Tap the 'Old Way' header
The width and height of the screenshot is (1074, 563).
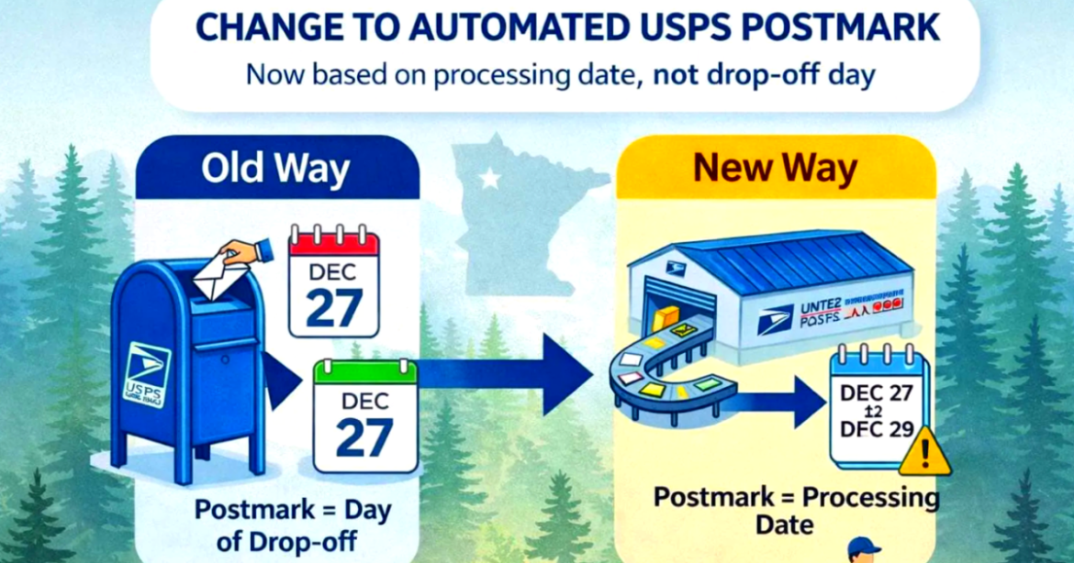pyautogui.click(x=276, y=169)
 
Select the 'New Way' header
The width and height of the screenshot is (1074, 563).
pyautogui.click(x=775, y=169)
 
